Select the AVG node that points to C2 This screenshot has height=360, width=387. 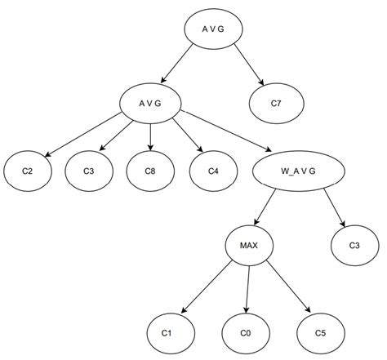click(x=150, y=102)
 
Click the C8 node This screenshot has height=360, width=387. click(x=150, y=171)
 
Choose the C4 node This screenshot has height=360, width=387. click(x=213, y=171)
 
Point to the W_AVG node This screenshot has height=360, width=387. click(x=290, y=171)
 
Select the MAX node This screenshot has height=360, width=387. click(x=249, y=245)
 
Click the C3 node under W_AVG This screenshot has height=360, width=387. click(x=355, y=245)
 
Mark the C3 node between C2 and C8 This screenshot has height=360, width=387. click(x=87, y=171)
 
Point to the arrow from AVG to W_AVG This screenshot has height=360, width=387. click(x=225, y=131)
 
